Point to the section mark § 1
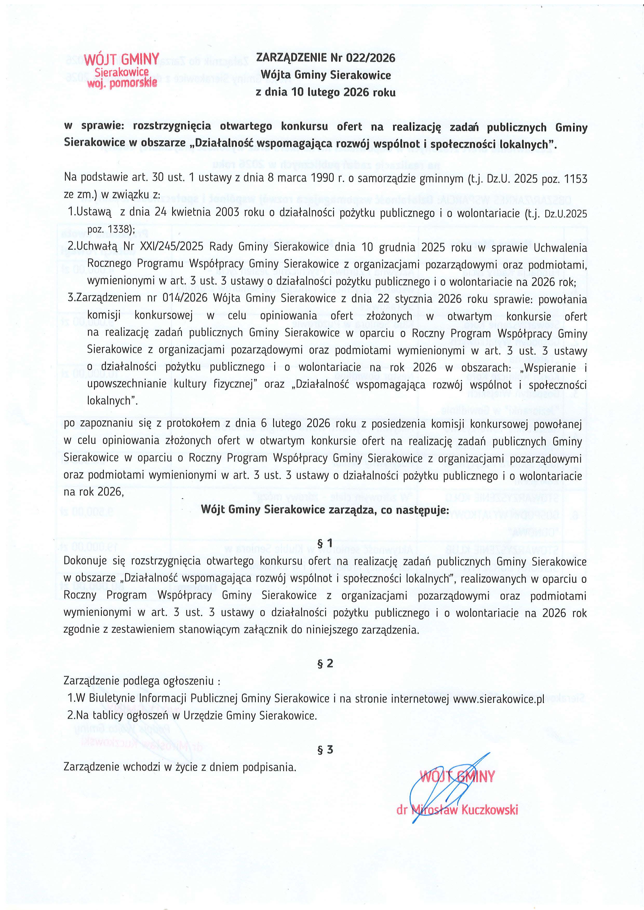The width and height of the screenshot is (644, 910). [x=325, y=543]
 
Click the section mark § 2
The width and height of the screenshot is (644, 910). [x=325, y=664]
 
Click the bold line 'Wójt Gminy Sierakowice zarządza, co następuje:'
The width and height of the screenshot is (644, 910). [x=325, y=510]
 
